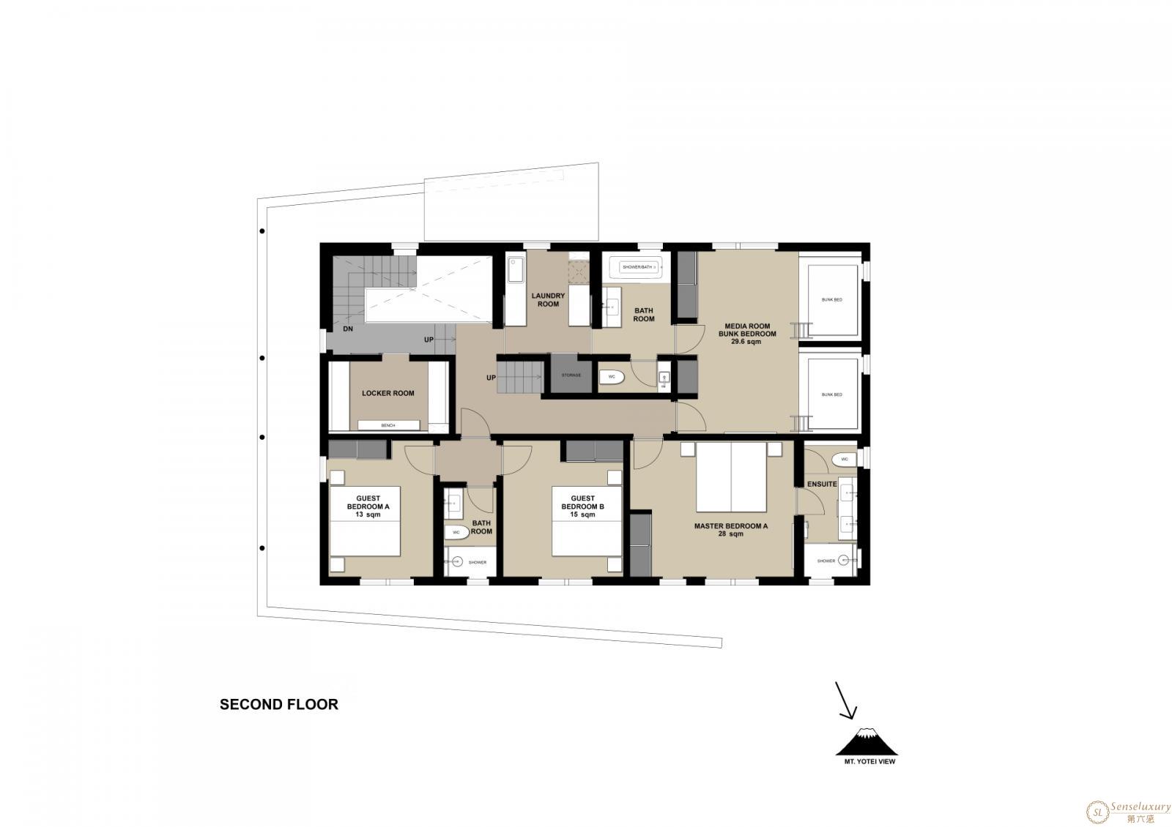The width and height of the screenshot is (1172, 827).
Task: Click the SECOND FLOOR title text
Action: (x=279, y=705)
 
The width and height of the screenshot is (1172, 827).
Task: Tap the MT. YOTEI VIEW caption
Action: (x=869, y=762)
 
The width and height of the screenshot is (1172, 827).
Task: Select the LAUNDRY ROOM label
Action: (x=549, y=299)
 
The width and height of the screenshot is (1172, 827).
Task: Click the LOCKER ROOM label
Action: (x=387, y=393)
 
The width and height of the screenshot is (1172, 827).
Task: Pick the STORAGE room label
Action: (x=571, y=375)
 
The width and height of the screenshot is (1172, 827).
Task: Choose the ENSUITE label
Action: (x=821, y=484)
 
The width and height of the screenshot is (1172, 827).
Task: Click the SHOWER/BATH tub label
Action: (x=637, y=267)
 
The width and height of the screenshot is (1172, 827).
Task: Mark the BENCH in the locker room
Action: (x=388, y=425)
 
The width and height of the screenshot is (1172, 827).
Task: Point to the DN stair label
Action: (x=348, y=329)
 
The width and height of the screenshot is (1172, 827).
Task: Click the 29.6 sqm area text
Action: (x=746, y=342)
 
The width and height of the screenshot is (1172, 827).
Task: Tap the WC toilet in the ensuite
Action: (x=843, y=459)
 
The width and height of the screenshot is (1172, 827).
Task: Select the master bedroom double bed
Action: (x=731, y=477)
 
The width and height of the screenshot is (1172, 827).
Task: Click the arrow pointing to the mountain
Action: (x=846, y=700)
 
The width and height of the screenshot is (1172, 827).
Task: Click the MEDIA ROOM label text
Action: (x=747, y=326)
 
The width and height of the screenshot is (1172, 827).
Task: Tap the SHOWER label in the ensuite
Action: (x=826, y=561)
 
